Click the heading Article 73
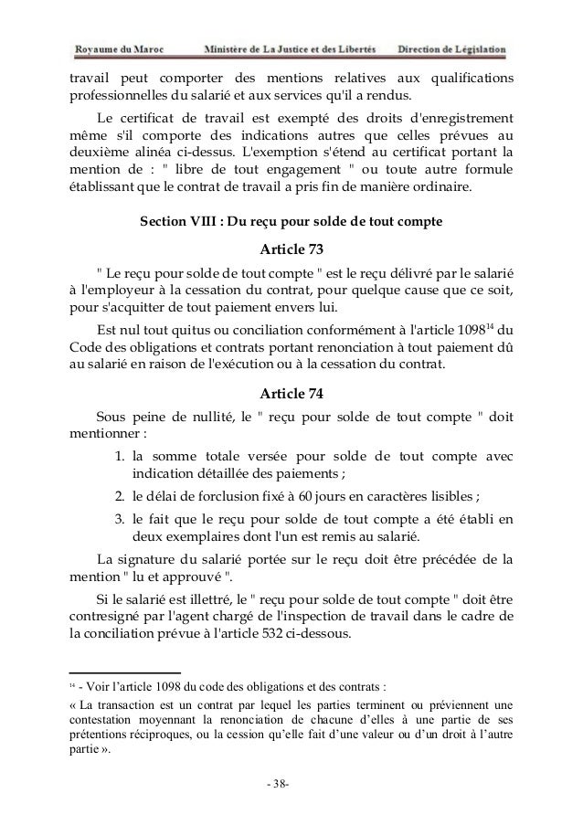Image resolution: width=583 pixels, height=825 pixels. click(291, 250)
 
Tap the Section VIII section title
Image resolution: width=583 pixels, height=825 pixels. click(291, 221)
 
